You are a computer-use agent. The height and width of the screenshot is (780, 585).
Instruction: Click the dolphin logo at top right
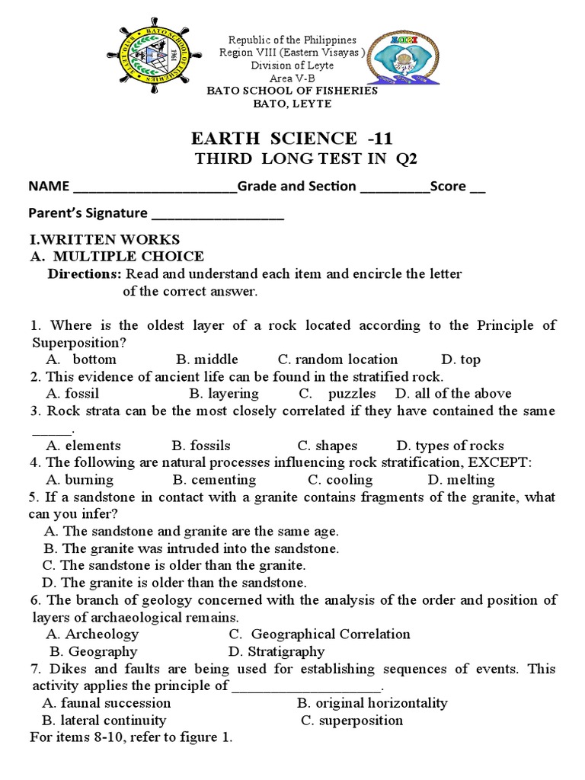point(402,59)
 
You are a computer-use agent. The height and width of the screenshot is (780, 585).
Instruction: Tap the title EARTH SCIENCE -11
point(292,138)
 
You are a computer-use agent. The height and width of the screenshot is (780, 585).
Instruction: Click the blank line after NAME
point(153,187)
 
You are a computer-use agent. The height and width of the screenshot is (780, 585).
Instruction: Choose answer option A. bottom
point(82,360)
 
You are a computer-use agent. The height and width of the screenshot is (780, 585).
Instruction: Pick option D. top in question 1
point(460,360)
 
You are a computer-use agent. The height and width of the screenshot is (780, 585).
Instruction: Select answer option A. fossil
point(72,394)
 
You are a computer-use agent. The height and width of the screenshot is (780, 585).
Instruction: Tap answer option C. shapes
point(327,446)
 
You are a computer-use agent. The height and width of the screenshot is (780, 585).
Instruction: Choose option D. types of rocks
point(449,446)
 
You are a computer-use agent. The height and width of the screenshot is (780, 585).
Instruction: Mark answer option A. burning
point(79,480)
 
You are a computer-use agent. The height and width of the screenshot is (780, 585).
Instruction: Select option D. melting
point(461,480)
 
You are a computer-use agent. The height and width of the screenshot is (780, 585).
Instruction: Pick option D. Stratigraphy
point(276,651)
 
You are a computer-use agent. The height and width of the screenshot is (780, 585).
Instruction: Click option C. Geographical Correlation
point(319,634)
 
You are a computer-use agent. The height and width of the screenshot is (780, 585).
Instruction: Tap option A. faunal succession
point(106,703)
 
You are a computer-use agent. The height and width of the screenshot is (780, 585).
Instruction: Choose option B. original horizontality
point(372,703)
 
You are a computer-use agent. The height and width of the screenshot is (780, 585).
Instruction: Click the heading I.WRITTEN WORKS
point(104,240)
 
